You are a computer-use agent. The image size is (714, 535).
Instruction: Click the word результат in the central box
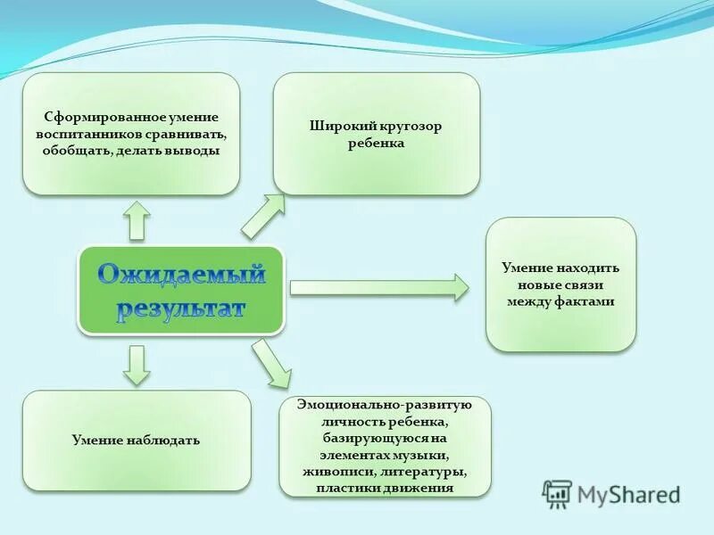pyautogui.click(x=181, y=307)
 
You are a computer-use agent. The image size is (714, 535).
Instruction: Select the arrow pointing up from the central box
pyautogui.click(x=137, y=220)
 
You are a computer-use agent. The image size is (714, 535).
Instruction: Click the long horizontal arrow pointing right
pyautogui.click(x=379, y=287)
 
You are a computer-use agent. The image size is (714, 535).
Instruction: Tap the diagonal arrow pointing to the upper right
pyautogui.click(x=263, y=217)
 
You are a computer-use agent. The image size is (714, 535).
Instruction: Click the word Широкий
pyautogui.click(x=337, y=126)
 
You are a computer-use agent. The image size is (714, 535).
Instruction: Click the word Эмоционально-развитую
pyautogui.click(x=384, y=405)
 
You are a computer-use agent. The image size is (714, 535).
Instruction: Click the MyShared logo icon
pyautogui.click(x=557, y=493)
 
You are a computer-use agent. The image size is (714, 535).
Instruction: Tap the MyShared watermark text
pyautogui.click(x=628, y=494)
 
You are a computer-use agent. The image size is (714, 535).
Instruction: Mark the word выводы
pyautogui.click(x=194, y=151)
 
